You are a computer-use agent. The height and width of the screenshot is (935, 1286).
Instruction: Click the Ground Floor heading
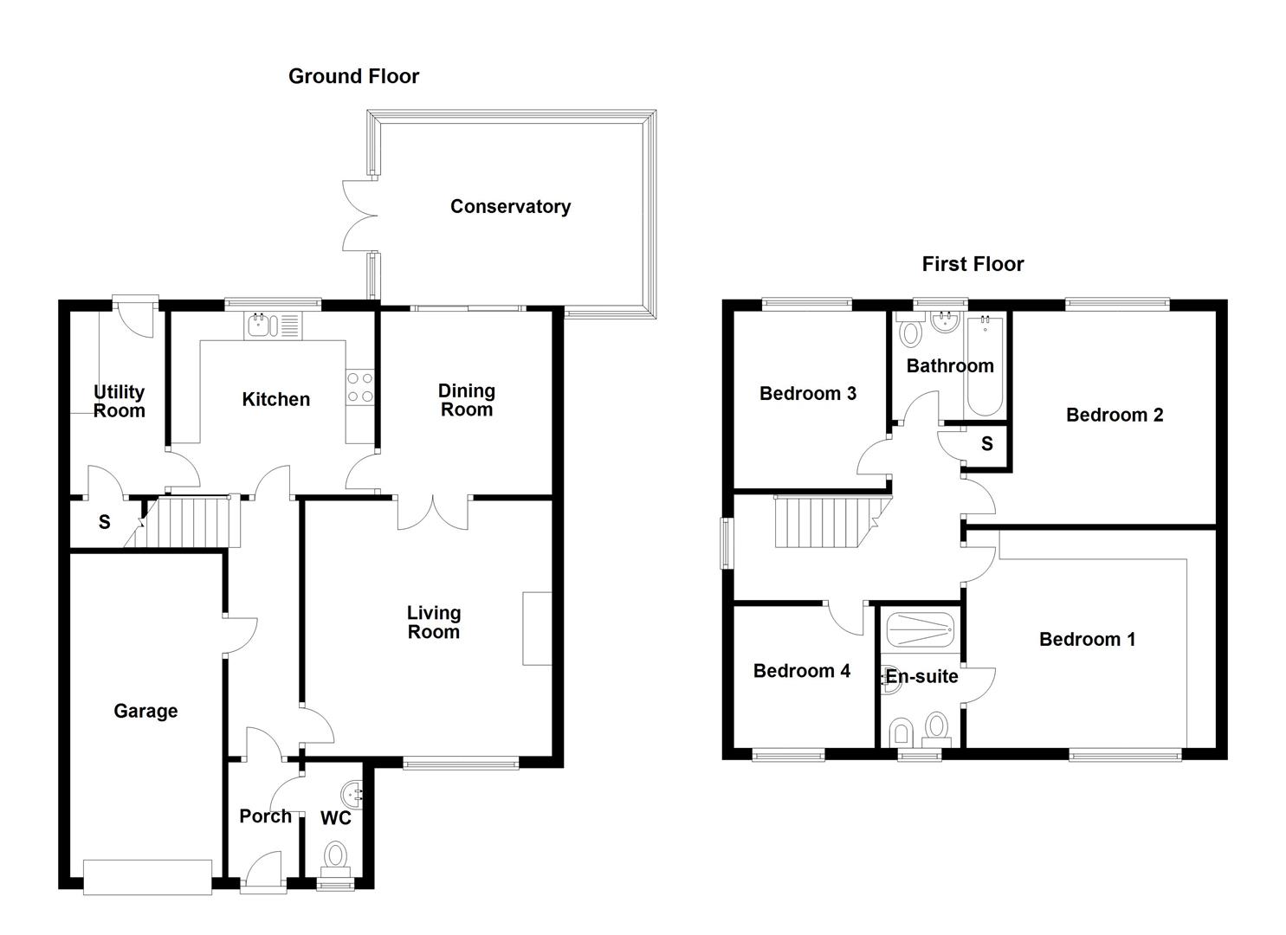point(353,76)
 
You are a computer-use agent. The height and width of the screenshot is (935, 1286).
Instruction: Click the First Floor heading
point(973,264)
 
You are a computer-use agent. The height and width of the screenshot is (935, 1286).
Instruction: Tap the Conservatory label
point(510,206)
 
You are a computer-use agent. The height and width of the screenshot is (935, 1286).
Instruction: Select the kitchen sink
point(272,326)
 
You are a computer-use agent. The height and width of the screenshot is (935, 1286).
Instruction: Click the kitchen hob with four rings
point(359,387)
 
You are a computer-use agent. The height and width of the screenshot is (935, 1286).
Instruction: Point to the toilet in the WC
point(334,857)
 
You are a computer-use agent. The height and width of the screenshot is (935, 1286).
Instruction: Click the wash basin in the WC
point(352,793)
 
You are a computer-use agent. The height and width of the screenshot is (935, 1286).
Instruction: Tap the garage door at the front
point(147,876)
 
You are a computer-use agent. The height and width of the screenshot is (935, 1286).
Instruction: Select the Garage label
point(145,711)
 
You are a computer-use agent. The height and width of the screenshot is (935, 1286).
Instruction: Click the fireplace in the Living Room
point(537,629)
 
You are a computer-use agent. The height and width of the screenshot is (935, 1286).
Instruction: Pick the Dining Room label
point(467,400)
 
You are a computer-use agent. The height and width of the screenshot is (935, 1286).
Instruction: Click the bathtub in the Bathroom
point(985,366)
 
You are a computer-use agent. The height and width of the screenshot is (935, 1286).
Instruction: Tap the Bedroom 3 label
point(808,394)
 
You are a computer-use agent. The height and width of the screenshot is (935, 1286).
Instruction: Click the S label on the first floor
point(986,445)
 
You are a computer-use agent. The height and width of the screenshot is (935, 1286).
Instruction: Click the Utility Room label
point(119,402)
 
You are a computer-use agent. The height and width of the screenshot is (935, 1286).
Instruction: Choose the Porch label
point(265,816)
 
